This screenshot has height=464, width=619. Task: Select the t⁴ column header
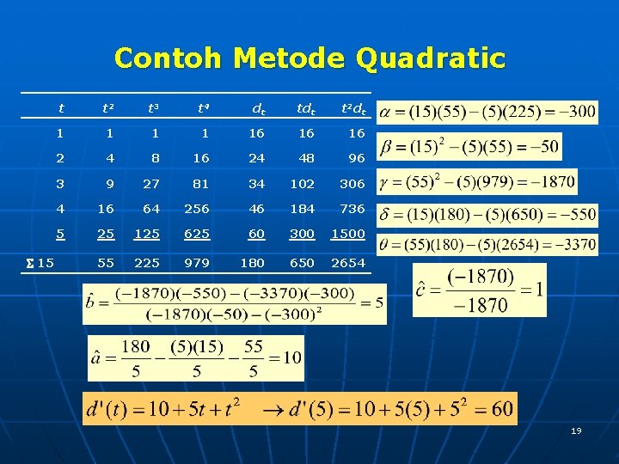point(203,109)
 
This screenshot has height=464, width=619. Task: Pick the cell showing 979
point(198,263)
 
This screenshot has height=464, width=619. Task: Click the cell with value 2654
point(348,263)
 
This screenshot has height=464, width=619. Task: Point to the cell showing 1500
point(348,234)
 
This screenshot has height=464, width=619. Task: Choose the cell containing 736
point(352,209)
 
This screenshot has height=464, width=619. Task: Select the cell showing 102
point(302,184)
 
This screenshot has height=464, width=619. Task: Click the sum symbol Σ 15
point(40,263)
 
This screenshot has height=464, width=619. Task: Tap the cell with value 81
point(202,184)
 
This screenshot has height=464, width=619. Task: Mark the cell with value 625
point(198,234)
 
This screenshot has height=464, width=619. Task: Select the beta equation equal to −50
point(469,147)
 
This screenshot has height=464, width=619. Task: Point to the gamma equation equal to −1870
point(477,182)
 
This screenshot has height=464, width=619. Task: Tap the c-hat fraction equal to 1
point(480,290)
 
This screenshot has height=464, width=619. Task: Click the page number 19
point(576,430)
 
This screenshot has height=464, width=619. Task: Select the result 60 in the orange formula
point(503,408)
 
